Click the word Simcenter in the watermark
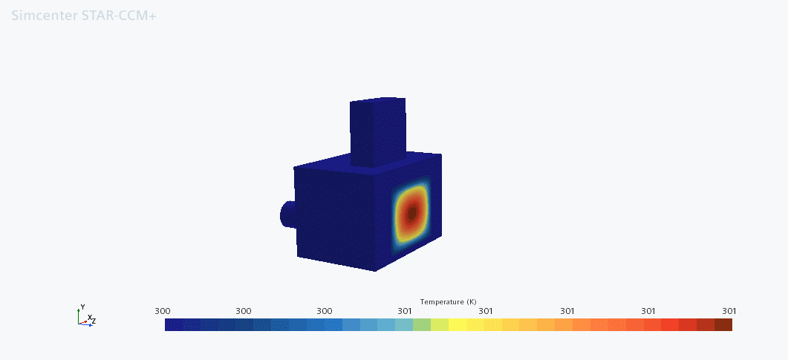point(45,16)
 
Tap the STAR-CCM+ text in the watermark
point(119,16)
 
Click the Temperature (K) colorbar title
point(449,302)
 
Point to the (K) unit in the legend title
point(472,302)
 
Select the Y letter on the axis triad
point(83,307)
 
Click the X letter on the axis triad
point(89,318)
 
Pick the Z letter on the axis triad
point(94,321)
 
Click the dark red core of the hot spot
point(412,213)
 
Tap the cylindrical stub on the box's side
point(288,215)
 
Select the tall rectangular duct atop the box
point(377,133)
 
